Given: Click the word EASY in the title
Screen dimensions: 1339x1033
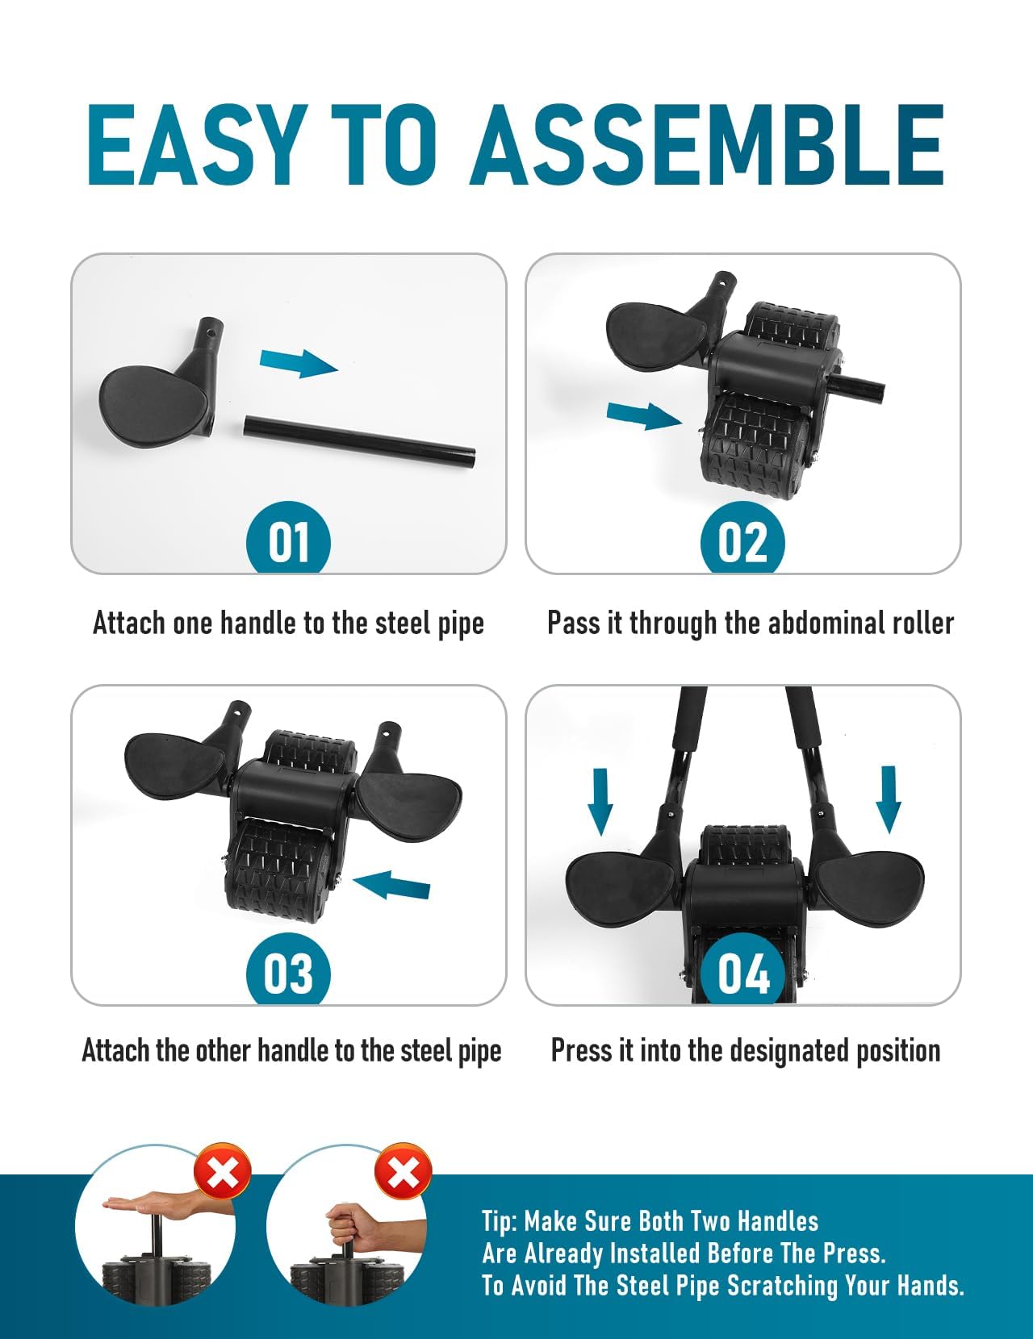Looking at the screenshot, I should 194,146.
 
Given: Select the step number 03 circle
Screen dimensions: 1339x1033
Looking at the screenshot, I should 288,972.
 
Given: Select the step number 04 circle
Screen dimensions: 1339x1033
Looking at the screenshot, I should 742,972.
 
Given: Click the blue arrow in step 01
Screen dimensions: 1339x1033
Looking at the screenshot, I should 298,363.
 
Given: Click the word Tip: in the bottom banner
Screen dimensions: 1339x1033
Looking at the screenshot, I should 499,1221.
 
